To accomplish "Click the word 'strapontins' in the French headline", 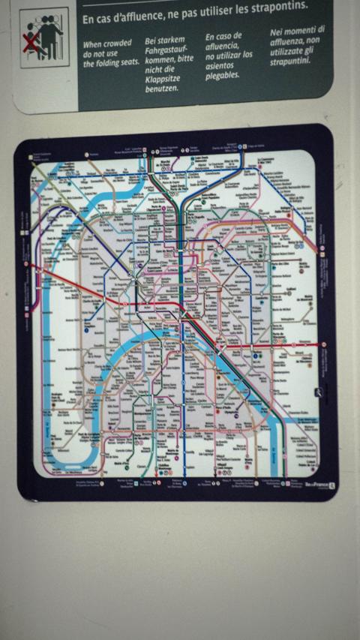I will (277, 7).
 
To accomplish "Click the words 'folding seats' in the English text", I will (117, 63).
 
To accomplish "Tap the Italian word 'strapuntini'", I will (290, 62).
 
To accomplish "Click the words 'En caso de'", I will (224, 36).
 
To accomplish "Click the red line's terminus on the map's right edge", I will (323, 344).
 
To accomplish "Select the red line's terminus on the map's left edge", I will (26, 264).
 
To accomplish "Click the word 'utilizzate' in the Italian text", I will (288, 51).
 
